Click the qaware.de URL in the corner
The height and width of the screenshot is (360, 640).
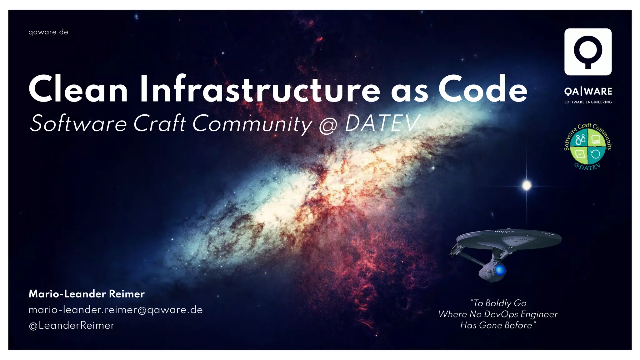click(x=48, y=32)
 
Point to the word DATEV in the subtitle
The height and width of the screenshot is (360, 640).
click(x=382, y=123)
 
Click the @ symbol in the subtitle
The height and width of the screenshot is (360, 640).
click(x=328, y=125)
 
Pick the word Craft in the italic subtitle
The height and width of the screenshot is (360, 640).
click(x=160, y=123)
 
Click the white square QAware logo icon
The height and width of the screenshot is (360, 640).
click(x=588, y=52)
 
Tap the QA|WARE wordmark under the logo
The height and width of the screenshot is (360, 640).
click(x=588, y=92)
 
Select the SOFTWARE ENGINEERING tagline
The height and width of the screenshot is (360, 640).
click(x=588, y=102)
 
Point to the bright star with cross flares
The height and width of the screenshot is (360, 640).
click(x=527, y=185)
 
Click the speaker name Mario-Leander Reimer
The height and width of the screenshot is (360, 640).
click(x=87, y=294)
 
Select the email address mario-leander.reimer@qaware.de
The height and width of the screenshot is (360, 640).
click(x=116, y=310)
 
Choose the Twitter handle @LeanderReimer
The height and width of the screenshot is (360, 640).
click(x=72, y=326)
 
